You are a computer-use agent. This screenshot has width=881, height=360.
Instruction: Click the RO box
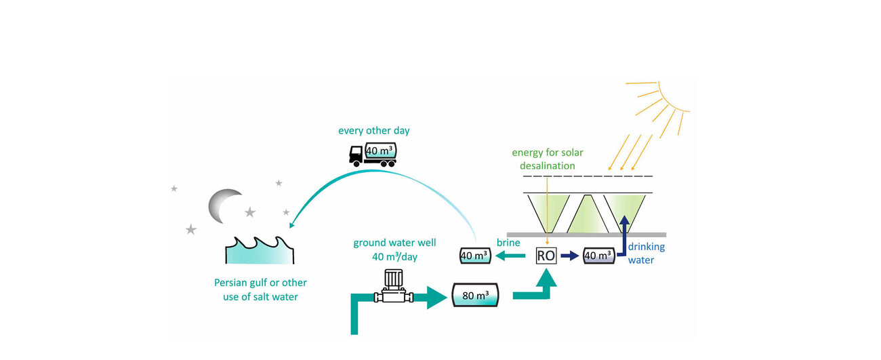tap(546, 256)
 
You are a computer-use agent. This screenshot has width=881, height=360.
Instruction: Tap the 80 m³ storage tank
tap(475, 295)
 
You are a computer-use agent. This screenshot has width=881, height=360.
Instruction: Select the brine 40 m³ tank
tap(474, 256)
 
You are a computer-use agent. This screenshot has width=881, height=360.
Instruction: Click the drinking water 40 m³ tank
tap(599, 256)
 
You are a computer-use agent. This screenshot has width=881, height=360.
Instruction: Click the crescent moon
tap(223, 205)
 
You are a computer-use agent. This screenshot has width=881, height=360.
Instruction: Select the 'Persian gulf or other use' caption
tap(260, 289)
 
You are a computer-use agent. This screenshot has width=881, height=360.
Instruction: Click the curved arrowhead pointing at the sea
tap(293, 226)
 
